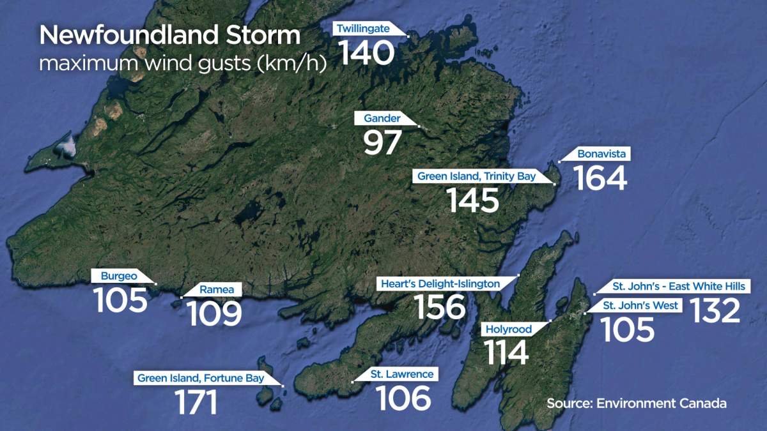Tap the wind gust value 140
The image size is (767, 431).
click(366, 53)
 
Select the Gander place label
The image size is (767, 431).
click(382, 118)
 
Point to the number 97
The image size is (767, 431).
click(382, 142)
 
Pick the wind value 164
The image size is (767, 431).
click(600, 178)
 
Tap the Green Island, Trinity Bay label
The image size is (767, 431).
click(476, 176)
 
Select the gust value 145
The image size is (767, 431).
click(472, 200)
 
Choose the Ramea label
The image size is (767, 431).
click(212, 290)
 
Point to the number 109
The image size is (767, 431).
click(214, 314)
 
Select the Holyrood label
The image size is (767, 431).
click(509, 329)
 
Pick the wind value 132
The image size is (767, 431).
click(714, 311)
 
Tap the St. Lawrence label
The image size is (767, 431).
click(401, 374)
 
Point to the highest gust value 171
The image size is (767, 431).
click(196, 403)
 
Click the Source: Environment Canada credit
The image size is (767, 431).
click(637, 404)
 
